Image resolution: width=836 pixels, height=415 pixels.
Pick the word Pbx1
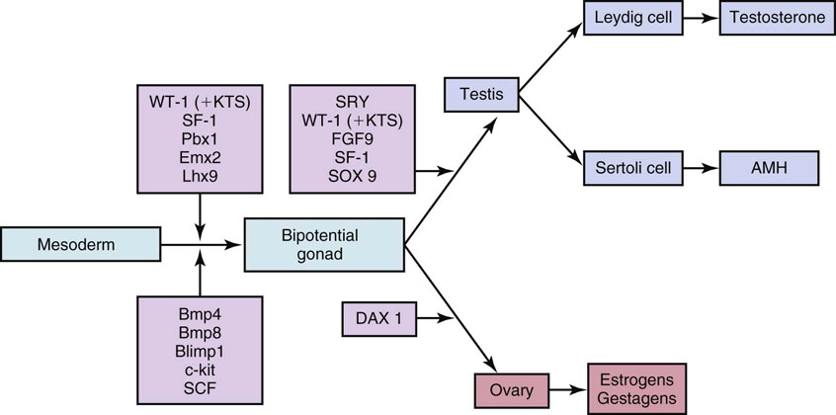click(201, 139)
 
